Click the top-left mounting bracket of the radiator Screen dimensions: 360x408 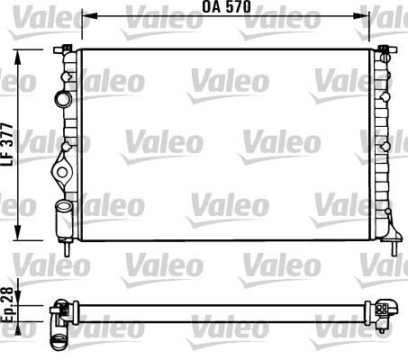[68, 47]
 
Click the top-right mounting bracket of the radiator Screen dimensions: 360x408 [384, 47]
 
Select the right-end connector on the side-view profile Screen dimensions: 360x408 [384, 310]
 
